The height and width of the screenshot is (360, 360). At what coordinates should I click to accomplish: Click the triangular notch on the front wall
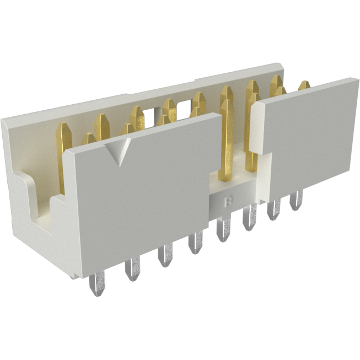(120, 151)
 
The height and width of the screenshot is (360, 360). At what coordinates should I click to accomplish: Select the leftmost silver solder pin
(94, 284)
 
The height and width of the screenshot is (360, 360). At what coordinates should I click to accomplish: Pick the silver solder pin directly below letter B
(223, 229)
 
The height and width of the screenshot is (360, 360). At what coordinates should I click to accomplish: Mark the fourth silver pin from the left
(195, 244)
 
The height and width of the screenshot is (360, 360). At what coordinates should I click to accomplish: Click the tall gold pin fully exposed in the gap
(226, 138)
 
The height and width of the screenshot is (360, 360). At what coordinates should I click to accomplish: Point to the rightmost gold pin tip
(304, 85)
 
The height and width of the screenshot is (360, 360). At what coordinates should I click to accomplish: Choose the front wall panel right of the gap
(309, 138)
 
